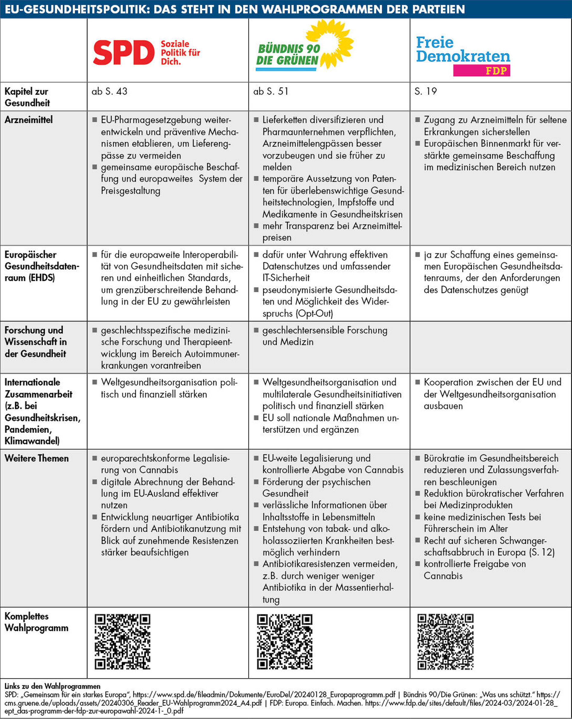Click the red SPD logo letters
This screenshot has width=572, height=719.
(123, 53)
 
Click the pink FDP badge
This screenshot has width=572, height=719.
(481, 71)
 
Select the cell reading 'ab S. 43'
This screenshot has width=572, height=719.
(110, 91)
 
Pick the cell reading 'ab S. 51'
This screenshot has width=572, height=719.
(271, 91)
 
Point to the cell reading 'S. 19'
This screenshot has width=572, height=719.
(425, 91)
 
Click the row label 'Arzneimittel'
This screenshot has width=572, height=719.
(29, 120)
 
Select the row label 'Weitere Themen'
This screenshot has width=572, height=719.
(37, 458)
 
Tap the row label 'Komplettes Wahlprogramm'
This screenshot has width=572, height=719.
(36, 622)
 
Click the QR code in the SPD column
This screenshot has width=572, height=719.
(122, 642)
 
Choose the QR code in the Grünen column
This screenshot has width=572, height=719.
(284, 642)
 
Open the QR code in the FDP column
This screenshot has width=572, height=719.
(446, 642)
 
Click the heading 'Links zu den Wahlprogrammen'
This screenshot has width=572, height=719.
(52, 686)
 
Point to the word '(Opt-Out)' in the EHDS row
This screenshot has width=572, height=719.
(314, 314)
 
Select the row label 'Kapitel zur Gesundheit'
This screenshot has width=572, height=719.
(27, 97)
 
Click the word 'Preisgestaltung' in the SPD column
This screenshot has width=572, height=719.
(131, 191)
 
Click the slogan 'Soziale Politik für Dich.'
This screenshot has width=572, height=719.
(180, 53)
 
